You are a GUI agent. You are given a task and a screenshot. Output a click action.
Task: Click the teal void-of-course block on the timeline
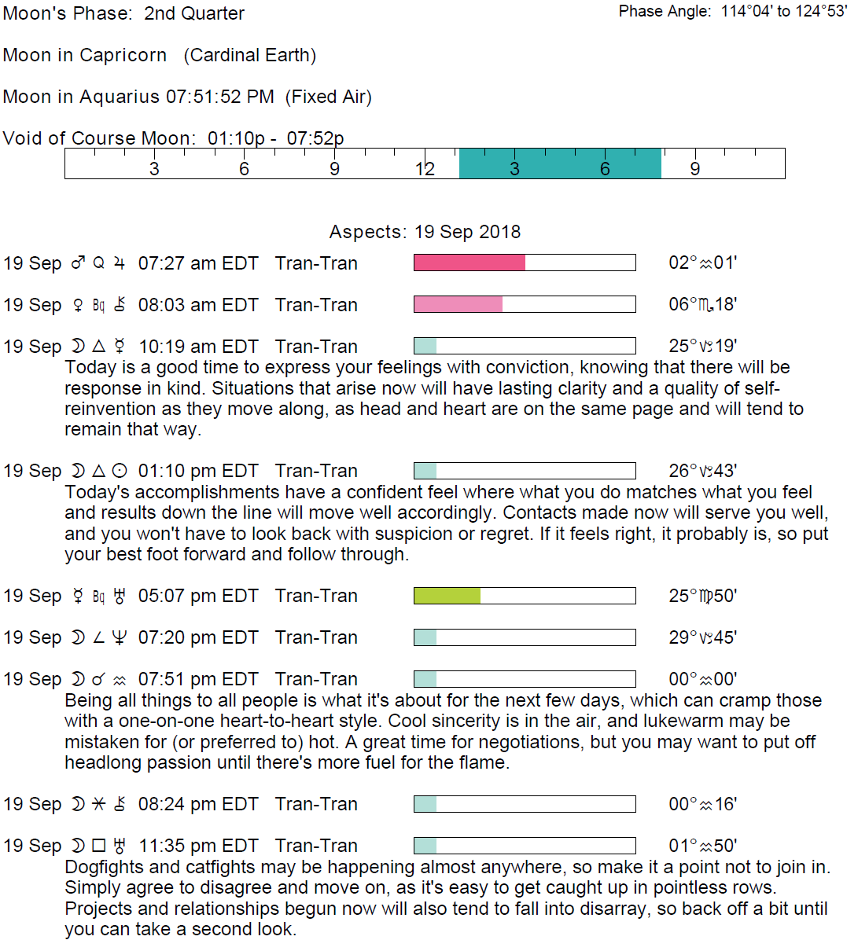click(560, 163)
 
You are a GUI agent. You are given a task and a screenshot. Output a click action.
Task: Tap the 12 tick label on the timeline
click(425, 169)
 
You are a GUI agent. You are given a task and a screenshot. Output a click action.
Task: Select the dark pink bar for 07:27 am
click(470, 263)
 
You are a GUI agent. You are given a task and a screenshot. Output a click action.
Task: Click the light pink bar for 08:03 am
click(458, 304)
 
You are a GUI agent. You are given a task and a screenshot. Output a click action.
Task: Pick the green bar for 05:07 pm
click(447, 596)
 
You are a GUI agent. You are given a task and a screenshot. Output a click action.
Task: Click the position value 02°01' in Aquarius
click(702, 263)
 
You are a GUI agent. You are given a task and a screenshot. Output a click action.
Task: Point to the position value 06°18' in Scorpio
click(702, 304)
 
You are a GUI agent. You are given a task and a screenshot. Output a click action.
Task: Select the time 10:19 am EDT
click(198, 347)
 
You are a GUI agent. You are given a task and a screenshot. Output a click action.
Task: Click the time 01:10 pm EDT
click(198, 471)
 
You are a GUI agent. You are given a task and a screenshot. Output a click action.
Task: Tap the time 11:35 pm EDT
click(198, 846)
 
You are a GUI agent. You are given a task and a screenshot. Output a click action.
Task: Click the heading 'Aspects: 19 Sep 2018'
click(425, 232)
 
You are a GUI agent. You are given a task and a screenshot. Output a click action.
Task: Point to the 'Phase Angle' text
click(665, 12)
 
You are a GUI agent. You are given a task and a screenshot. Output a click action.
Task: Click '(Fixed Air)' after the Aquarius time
click(328, 97)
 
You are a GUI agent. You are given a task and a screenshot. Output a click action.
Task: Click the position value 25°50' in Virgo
click(702, 596)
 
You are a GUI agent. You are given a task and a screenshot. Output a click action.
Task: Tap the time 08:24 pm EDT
click(198, 804)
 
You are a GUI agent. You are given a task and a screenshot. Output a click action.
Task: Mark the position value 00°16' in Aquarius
click(702, 804)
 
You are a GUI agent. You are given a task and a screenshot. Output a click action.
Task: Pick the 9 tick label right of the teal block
click(694, 169)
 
